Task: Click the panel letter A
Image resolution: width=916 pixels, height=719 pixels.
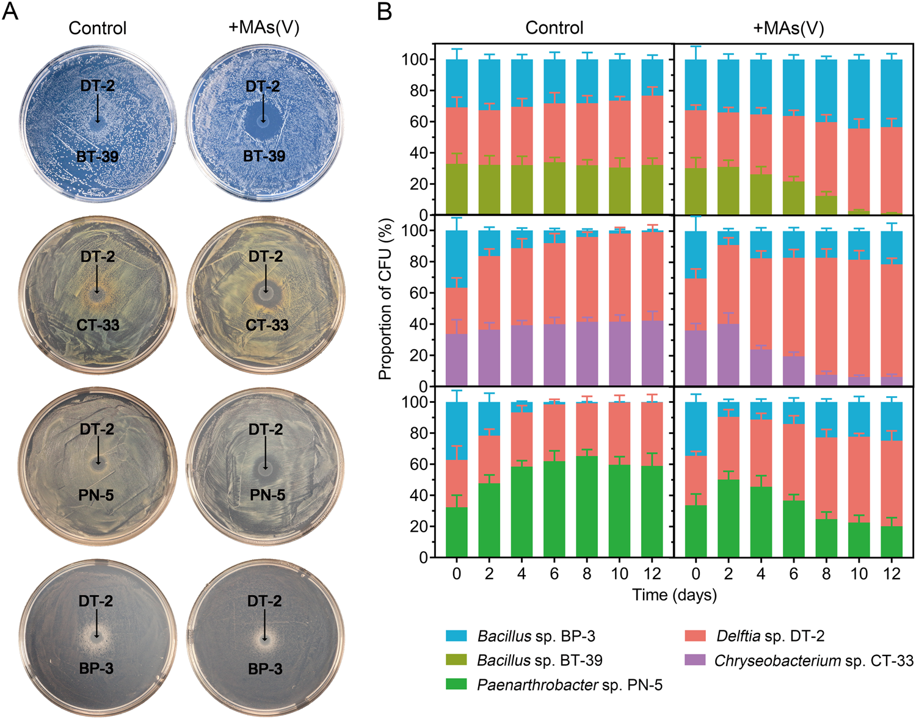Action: click(10, 12)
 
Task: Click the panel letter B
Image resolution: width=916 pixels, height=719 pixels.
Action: click(385, 12)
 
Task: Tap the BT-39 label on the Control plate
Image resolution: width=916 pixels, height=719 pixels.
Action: click(98, 157)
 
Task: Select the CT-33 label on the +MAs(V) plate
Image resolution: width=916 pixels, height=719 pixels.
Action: click(267, 325)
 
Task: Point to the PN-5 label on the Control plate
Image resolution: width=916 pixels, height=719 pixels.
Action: click(96, 495)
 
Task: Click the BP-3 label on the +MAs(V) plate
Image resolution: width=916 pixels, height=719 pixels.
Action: click(265, 669)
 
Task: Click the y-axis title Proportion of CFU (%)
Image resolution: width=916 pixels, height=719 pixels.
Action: click(385, 300)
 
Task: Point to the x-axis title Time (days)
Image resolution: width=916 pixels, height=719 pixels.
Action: click(674, 594)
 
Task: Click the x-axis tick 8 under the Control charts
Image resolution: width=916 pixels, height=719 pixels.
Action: click(587, 574)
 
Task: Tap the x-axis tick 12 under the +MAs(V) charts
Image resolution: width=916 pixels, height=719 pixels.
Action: click(892, 574)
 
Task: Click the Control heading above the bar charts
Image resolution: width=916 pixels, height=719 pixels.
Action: click(554, 28)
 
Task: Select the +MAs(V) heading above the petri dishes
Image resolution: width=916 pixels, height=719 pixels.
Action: click(264, 28)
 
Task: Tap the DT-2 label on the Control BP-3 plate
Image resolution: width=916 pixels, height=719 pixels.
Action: click(96, 601)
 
